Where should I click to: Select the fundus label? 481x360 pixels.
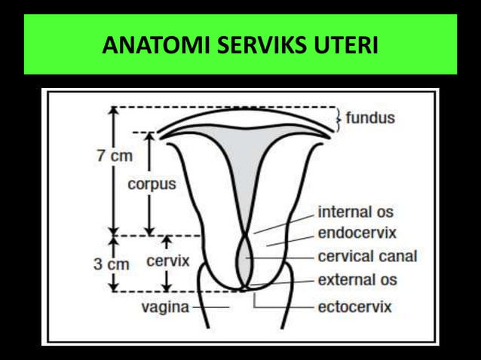pyautogui.click(x=370, y=118)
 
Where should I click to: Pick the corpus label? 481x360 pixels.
pyautogui.click(x=152, y=184)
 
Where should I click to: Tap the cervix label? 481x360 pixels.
pyautogui.click(x=167, y=261)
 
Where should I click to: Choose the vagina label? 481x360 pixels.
pyautogui.click(x=166, y=307)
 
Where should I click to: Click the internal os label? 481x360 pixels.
pyautogui.click(x=355, y=212)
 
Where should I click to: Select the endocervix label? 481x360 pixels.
pyautogui.click(x=357, y=233)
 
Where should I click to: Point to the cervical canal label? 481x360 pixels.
pyautogui.click(x=366, y=256)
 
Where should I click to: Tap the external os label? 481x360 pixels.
pyautogui.click(x=357, y=280)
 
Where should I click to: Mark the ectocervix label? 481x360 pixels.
pyautogui.click(x=354, y=307)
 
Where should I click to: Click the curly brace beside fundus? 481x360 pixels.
pyautogui.click(x=339, y=117)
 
